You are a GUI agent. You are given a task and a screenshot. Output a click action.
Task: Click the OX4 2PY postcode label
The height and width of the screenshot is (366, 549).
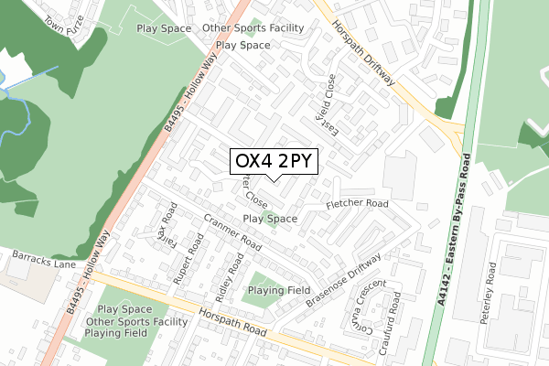tap(274, 161)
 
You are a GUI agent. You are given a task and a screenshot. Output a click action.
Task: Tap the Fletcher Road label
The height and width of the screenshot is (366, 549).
tap(357, 203)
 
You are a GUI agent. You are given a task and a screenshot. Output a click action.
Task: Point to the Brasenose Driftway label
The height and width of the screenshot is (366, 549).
tap(347, 278)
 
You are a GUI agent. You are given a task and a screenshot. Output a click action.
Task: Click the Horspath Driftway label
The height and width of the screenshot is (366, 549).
tap(363, 52)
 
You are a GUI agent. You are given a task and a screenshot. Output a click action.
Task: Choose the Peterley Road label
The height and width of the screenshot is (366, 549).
tap(491, 284)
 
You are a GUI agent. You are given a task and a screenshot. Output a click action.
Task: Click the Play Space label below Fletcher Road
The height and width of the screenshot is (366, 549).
tap(270, 220)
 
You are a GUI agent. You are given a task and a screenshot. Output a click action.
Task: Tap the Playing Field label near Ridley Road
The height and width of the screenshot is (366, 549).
tap(278, 290)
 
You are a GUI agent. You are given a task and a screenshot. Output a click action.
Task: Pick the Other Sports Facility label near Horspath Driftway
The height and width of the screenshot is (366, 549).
tap(253, 28)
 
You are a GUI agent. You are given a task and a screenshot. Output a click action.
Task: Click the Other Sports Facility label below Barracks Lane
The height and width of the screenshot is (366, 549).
tap(136, 322)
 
